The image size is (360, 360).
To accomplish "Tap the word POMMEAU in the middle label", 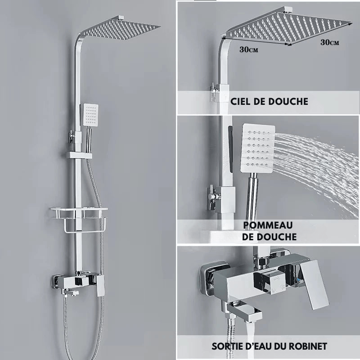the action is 268,225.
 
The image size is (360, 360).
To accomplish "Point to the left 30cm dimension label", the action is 249,49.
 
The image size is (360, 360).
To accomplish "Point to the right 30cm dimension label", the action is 330,42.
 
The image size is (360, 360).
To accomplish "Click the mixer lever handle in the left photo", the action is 100,285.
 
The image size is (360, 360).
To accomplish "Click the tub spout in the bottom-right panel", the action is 245,312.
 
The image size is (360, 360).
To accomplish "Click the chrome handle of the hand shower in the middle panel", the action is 252,198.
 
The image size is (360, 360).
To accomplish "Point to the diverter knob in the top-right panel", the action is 213,91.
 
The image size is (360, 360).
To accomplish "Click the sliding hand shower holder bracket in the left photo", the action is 79,155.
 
